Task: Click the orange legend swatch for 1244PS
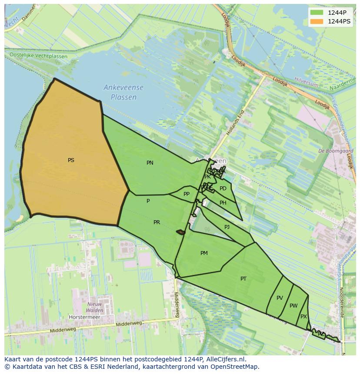point(317,21)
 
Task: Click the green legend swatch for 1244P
point(317,13)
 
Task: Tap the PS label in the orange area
point(71,160)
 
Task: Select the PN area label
point(150,163)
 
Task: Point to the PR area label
point(157,222)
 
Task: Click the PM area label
point(204,253)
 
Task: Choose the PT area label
point(243,279)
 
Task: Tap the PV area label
point(280,298)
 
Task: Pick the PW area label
point(293,306)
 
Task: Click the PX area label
point(303,317)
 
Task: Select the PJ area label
point(227,227)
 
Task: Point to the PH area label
point(223,203)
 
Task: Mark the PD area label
point(223,189)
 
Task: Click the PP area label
point(187,194)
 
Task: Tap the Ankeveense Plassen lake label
point(123,93)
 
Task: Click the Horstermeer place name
point(84,317)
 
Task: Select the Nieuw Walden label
point(95,307)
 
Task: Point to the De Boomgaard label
point(336,151)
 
